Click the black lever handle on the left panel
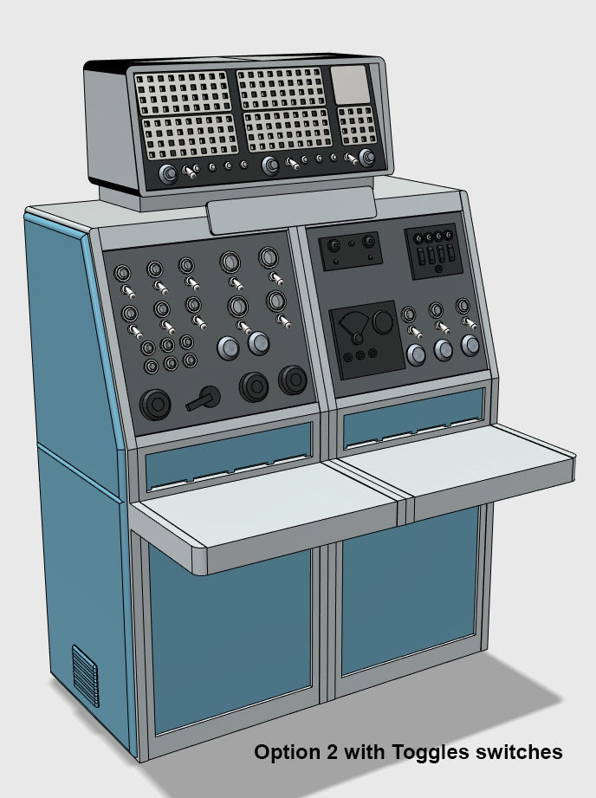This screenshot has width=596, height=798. [x=204, y=399]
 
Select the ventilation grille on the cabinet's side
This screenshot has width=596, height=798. [x=85, y=675]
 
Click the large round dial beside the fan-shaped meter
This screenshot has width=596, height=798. [x=380, y=323]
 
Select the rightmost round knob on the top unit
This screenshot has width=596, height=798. [x=368, y=158]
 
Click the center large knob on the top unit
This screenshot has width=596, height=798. [x=270, y=165]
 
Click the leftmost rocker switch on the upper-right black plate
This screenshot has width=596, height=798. [x=419, y=257]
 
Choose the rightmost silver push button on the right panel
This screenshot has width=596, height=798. [x=470, y=345]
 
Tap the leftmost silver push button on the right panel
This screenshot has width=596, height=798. [x=417, y=354]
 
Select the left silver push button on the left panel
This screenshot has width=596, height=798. [x=228, y=347]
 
